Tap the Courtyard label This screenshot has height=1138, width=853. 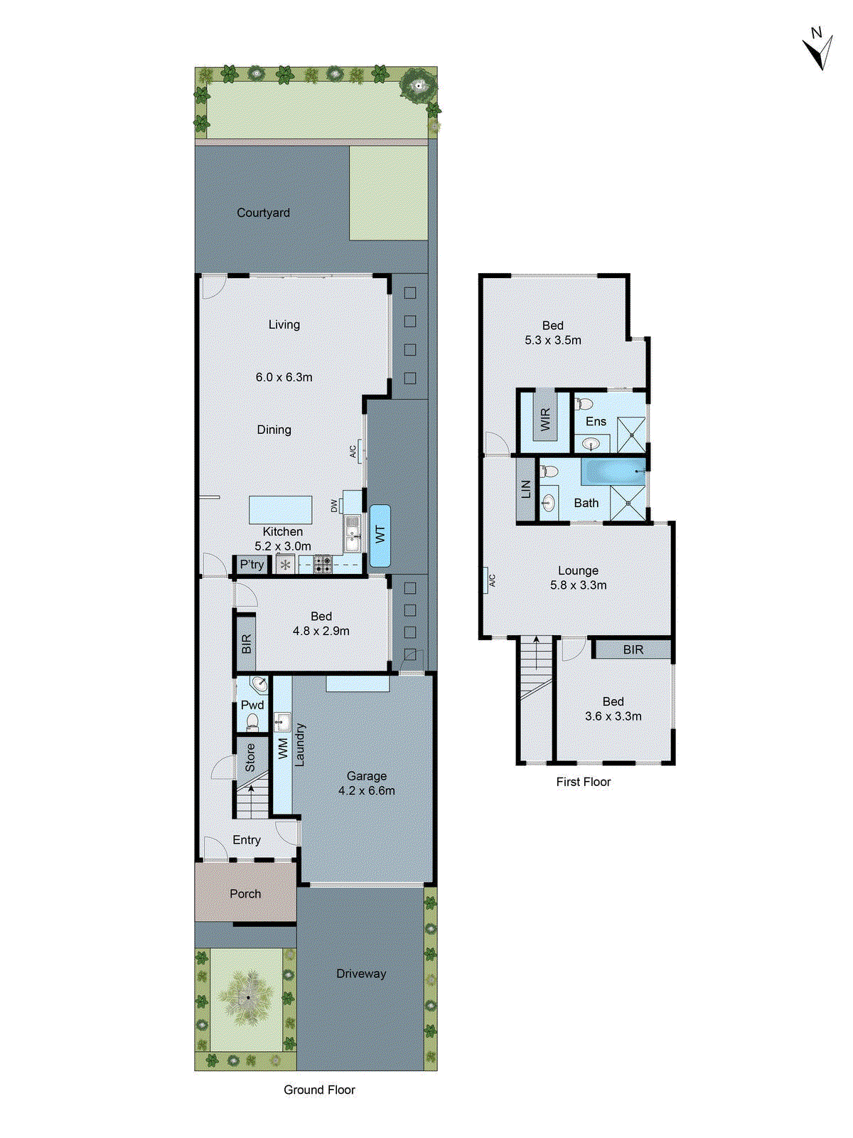pos(263,213)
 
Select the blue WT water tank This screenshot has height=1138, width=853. pos(380,535)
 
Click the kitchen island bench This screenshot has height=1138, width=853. pos(280,510)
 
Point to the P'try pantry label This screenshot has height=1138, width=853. pos(252,565)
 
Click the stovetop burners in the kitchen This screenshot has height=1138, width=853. pos(323,565)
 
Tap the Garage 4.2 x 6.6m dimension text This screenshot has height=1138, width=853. pos(367,790)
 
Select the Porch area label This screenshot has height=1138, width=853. pos(245,893)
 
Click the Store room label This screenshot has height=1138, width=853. pos(250,757)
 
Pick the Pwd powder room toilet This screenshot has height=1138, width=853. pos(252,722)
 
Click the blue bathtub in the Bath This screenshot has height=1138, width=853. pos(613,471)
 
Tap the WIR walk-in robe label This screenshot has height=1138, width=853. pos(545,419)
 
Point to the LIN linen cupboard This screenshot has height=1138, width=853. pos(525,489)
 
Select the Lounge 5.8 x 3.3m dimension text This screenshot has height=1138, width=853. pos(578,585)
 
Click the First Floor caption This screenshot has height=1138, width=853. pos(583,782)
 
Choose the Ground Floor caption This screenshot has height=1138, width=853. pos(319,1090)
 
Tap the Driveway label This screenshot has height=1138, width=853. pos(361,974)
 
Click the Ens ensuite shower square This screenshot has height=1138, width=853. pos(631,435)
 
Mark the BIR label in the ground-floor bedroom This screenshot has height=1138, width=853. pos(246,644)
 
